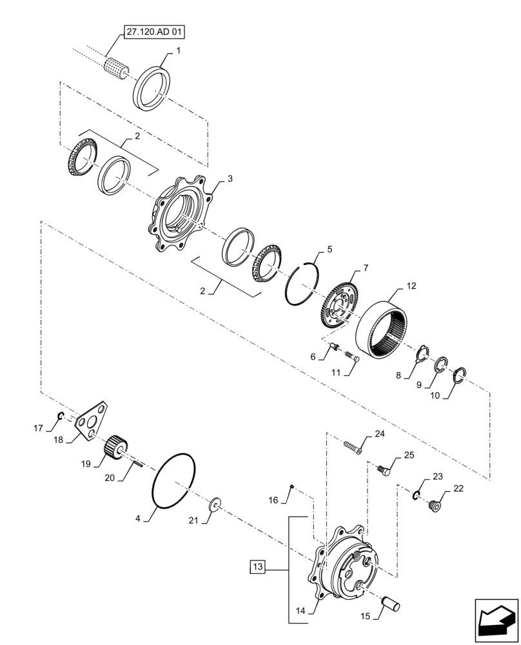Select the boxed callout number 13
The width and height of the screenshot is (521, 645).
258,568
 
